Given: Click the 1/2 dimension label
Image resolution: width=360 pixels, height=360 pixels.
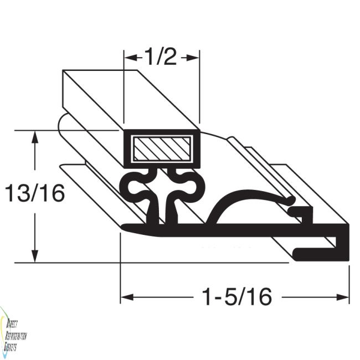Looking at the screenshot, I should point(161,56).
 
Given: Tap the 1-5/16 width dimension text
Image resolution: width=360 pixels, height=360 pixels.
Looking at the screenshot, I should point(236,297).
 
